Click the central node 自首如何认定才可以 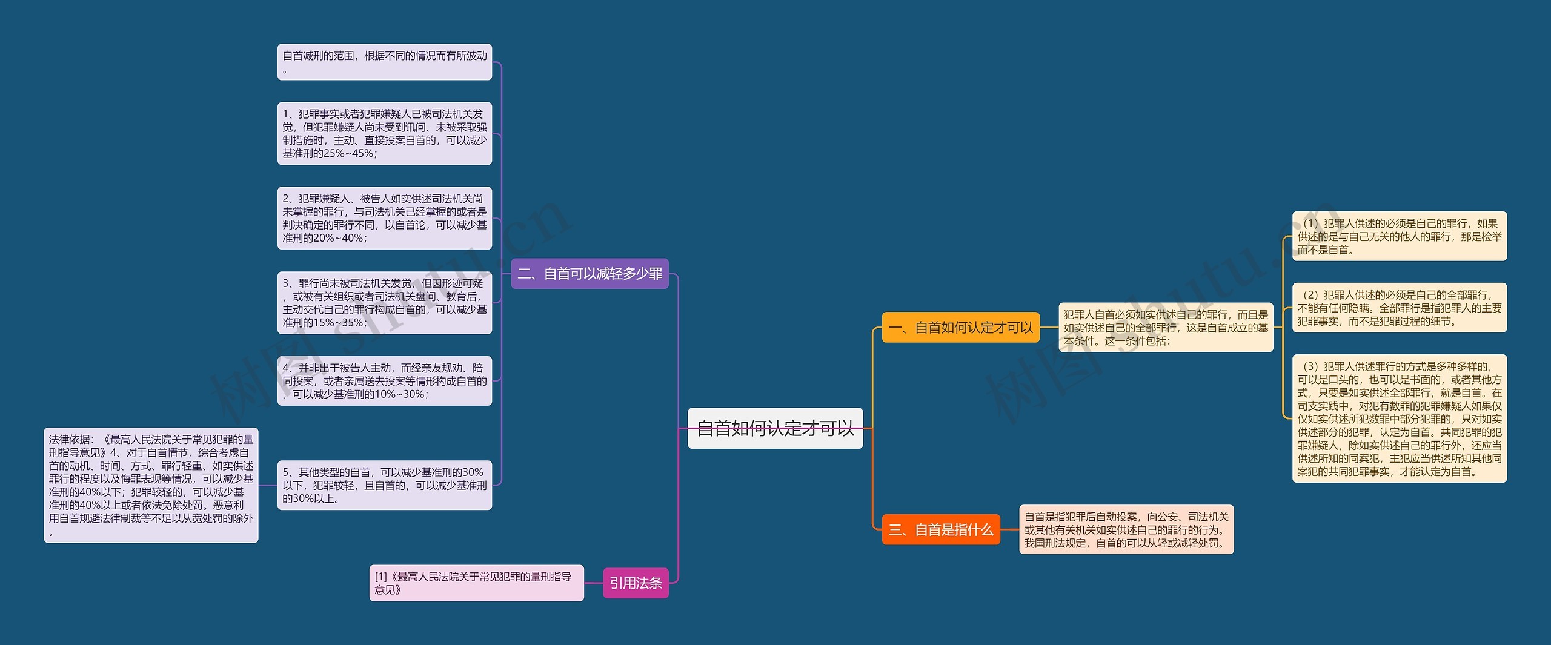pyautogui.click(x=775, y=428)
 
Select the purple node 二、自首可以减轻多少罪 pyautogui.click(x=590, y=274)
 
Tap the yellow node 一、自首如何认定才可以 pyautogui.click(x=960, y=328)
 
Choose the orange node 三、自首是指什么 pyautogui.click(x=940, y=530)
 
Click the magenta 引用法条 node pyautogui.click(x=636, y=583)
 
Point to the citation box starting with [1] pyautogui.click(x=476, y=583)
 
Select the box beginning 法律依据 pyautogui.click(x=151, y=485)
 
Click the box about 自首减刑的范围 pyautogui.click(x=384, y=62)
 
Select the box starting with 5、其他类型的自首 pyautogui.click(x=384, y=485)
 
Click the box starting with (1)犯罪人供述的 pyautogui.click(x=1399, y=236)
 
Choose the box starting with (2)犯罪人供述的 pyautogui.click(x=1399, y=308)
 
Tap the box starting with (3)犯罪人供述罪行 pyautogui.click(x=1399, y=418)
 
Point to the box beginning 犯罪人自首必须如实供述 pyautogui.click(x=1165, y=328)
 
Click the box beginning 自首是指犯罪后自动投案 pyautogui.click(x=1126, y=530)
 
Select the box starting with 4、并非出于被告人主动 pyautogui.click(x=384, y=381)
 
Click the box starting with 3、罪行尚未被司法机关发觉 pyautogui.click(x=384, y=303)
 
